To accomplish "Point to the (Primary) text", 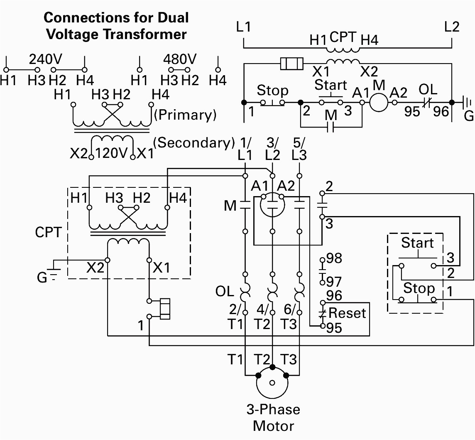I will [185, 115].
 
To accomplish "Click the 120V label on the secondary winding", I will [111, 153].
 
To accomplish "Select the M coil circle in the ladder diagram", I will [378, 102].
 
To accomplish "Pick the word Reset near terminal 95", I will [347, 313].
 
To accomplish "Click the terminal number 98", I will [334, 258].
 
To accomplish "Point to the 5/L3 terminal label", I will [299, 149].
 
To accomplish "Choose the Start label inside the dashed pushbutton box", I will [417, 243].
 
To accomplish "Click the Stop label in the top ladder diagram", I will [272, 90].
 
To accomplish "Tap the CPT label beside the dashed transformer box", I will [48, 232].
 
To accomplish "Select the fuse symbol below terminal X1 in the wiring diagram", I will [165, 309].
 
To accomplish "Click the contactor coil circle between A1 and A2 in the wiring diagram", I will [272, 203].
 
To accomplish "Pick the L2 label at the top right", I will [451, 27].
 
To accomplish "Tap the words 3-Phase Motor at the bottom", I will [273, 418].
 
